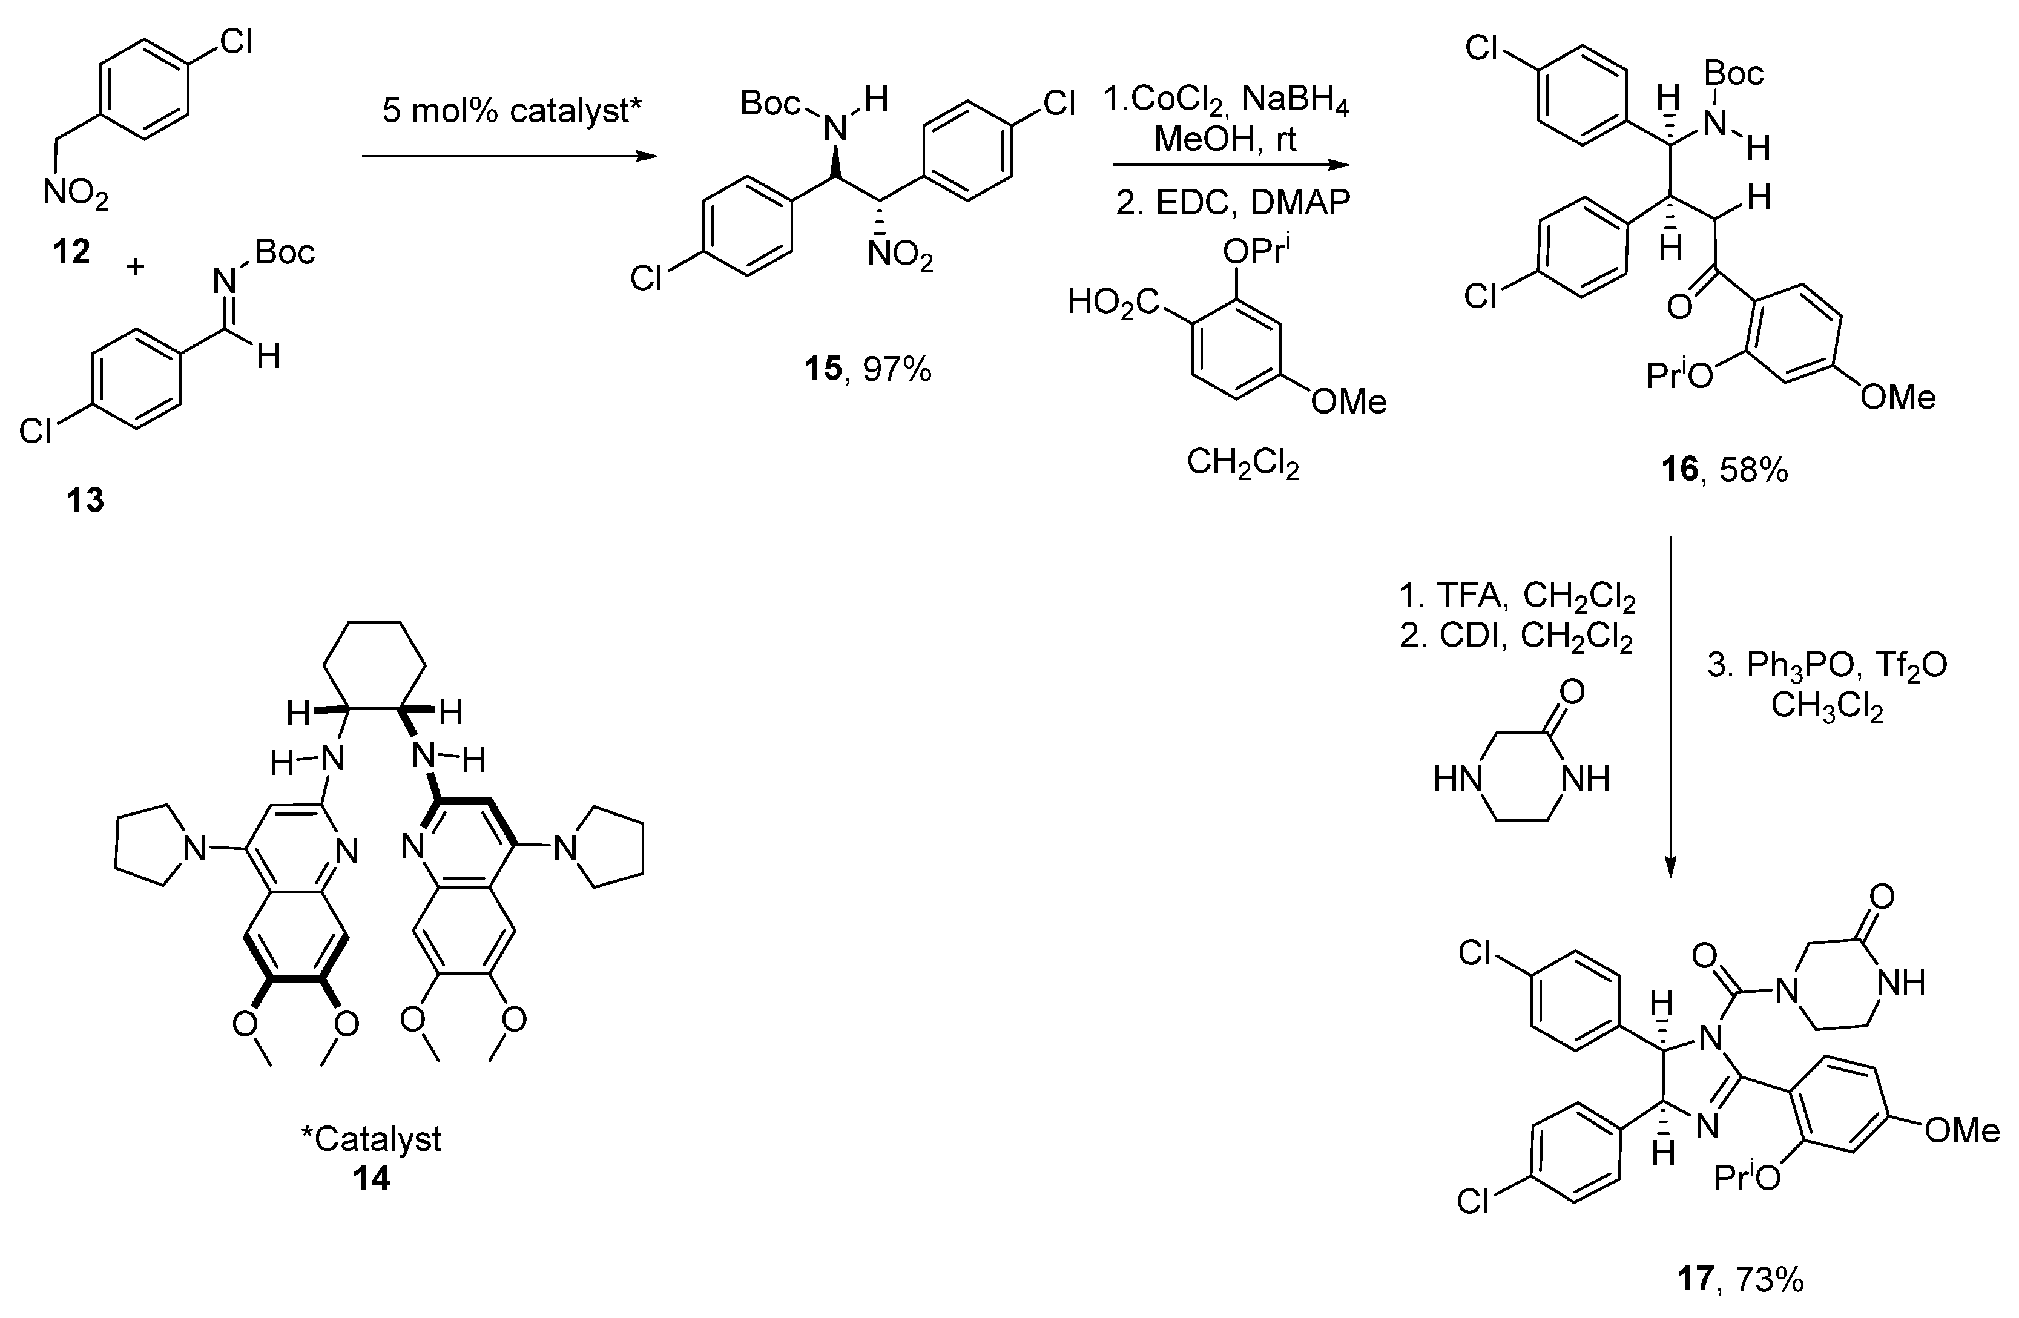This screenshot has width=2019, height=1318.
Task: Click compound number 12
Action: click(x=71, y=251)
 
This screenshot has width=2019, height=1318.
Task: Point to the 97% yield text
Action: click(x=898, y=369)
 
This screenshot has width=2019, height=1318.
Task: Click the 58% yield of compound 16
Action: click(x=1753, y=469)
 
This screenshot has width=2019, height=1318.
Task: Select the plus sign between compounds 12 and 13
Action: click(x=135, y=266)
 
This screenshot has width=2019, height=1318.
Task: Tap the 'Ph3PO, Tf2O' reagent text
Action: click(x=1826, y=666)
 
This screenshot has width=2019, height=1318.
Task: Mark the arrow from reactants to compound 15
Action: click(x=509, y=156)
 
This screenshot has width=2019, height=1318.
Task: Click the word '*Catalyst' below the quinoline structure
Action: click(x=372, y=1138)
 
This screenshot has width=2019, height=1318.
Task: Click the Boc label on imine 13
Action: click(x=285, y=252)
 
